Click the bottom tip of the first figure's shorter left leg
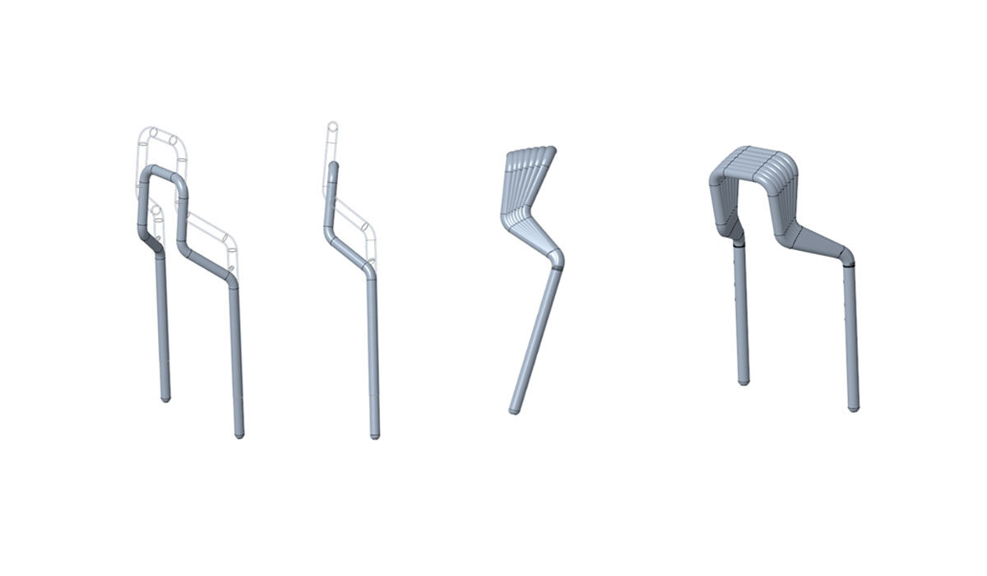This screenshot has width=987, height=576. pos(165,398)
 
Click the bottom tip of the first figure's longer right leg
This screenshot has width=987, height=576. pos(239,434)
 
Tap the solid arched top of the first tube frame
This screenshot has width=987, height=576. pos(164,172)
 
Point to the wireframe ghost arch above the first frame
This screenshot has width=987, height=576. pos(164,136)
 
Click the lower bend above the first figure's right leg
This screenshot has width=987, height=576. pos(230,281)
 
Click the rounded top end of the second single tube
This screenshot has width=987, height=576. pos(334,166)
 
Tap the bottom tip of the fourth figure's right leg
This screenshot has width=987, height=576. pos(853,407)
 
